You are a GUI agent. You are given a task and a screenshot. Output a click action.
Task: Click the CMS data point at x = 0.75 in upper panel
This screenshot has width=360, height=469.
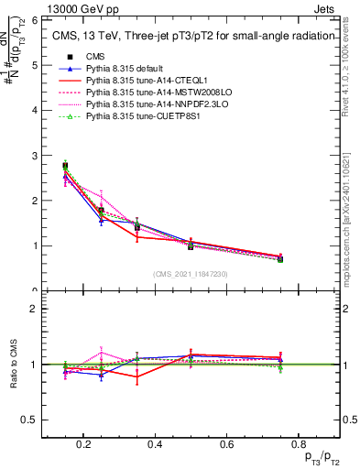280,260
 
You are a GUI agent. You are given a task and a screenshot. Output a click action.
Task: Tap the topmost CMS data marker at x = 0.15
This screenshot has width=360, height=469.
65,166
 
